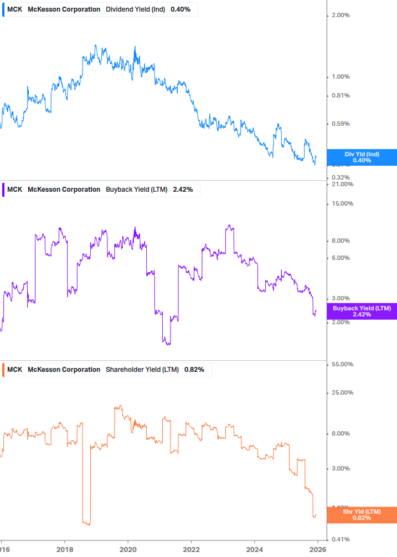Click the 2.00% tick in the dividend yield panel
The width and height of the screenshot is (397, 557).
click(x=341, y=15)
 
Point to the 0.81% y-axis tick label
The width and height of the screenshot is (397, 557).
click(x=341, y=95)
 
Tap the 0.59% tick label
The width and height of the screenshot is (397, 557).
click(x=341, y=124)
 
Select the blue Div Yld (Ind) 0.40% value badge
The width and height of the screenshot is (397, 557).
click(x=362, y=157)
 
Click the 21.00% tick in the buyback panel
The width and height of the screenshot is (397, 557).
click(x=342, y=184)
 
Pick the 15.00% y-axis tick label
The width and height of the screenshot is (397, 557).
click(x=342, y=203)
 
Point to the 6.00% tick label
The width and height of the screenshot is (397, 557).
click(x=341, y=258)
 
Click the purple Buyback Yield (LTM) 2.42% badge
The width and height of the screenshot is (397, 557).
click(x=362, y=311)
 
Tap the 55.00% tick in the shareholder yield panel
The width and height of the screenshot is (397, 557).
click(x=342, y=364)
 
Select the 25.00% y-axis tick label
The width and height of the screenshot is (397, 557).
click(x=342, y=392)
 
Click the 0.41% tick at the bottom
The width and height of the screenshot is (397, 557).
click(x=341, y=539)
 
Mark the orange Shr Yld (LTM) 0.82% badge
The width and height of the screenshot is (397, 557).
click(x=362, y=515)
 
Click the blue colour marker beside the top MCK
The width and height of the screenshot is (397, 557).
click(x=4, y=9)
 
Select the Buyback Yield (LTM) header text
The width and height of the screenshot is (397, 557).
click(x=136, y=190)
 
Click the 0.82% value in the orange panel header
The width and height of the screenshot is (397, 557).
click(x=194, y=370)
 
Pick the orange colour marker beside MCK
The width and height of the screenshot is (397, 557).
click(x=4, y=370)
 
